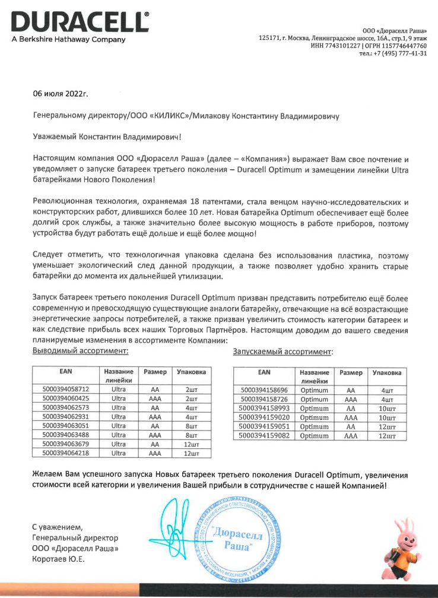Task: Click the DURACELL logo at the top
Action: click(80, 22)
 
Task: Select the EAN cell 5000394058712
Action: click(65, 389)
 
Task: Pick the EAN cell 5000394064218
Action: click(65, 453)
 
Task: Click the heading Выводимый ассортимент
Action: click(80, 351)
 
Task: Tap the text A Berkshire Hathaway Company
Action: click(68, 40)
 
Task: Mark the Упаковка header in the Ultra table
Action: click(191, 372)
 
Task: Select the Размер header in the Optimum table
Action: click(350, 372)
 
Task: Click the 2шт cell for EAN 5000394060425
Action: click(191, 398)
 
